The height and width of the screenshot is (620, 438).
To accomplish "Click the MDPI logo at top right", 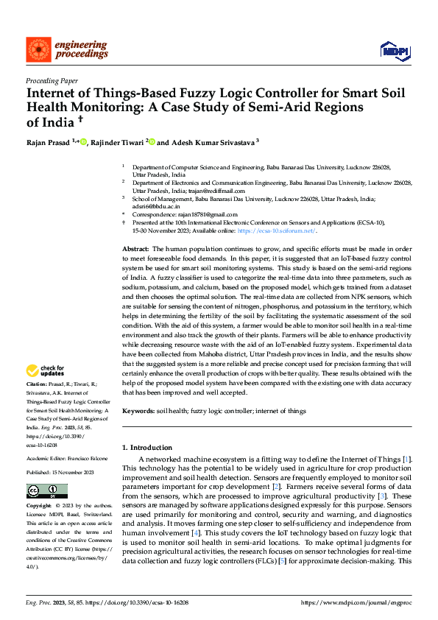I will [x=394, y=50].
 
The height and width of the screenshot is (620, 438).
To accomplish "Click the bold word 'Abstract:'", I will [x=135, y=250].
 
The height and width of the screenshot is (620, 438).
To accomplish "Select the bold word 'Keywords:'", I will [x=138, y=411].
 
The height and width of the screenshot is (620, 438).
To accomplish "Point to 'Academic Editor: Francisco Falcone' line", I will [x=63, y=457].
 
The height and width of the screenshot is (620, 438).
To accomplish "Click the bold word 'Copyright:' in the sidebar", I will [x=40, y=507].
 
